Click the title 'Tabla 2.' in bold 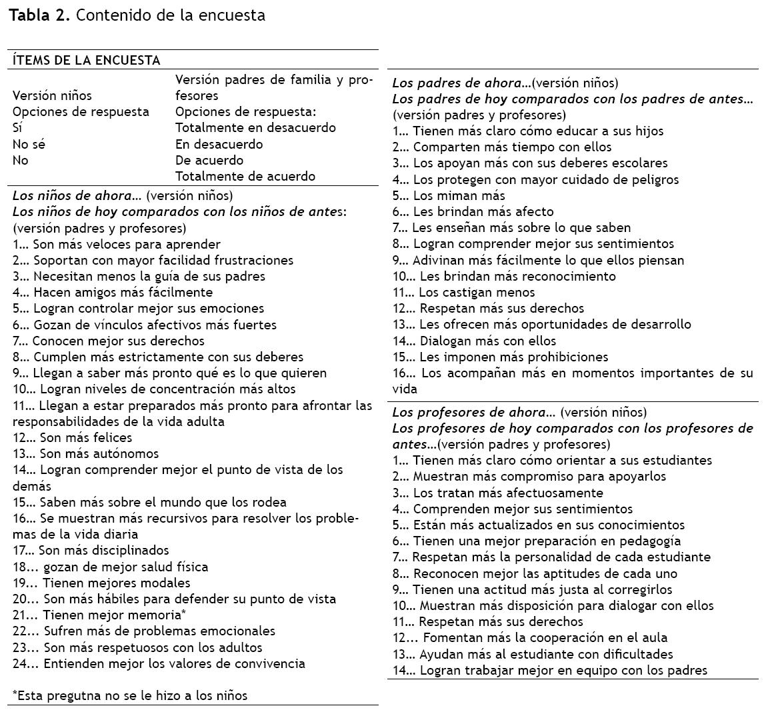click(x=39, y=15)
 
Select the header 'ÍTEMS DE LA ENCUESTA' click(x=87, y=60)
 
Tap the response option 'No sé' click(x=29, y=144)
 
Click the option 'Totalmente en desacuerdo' click(x=255, y=128)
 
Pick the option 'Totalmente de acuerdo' click(x=245, y=177)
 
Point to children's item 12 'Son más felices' click(x=73, y=438)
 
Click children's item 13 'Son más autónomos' click(x=86, y=454)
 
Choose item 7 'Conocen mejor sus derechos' click(x=109, y=341)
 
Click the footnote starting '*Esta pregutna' click(x=130, y=696)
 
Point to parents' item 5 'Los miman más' click(x=449, y=196)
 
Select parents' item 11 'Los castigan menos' click(x=463, y=293)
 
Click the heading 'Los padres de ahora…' click(x=461, y=83)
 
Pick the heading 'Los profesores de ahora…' click(x=473, y=413)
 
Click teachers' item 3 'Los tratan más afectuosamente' click(x=498, y=493)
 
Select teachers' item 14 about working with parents click(x=550, y=671)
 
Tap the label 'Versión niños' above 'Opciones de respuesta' click(x=53, y=96)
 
